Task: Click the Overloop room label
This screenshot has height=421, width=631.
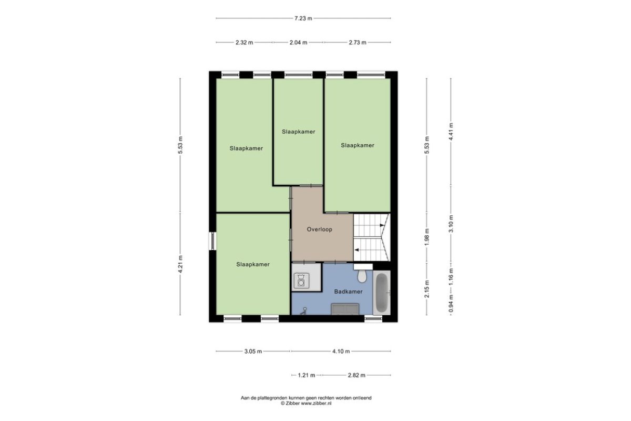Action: [320, 229]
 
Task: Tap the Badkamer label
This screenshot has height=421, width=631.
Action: [349, 292]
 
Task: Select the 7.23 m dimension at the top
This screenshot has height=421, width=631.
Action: [303, 18]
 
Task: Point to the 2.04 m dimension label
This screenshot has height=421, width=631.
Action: [298, 43]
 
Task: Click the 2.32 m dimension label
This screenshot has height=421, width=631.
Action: [244, 43]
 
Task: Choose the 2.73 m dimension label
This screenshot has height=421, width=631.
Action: [358, 43]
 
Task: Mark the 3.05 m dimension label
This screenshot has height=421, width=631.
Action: [253, 352]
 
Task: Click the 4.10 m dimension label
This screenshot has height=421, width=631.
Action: [341, 352]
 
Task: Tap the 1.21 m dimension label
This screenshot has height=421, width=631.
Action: [307, 375]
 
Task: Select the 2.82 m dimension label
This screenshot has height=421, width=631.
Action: [357, 375]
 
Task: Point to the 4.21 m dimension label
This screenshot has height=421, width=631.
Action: [180, 264]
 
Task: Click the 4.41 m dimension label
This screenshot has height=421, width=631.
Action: [451, 132]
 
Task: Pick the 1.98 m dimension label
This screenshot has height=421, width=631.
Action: [427, 237]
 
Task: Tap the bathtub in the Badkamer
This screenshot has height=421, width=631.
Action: [382, 293]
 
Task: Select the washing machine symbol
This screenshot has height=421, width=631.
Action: [301, 280]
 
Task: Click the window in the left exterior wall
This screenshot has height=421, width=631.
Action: [212, 241]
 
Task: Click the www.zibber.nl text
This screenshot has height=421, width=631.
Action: [316, 403]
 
